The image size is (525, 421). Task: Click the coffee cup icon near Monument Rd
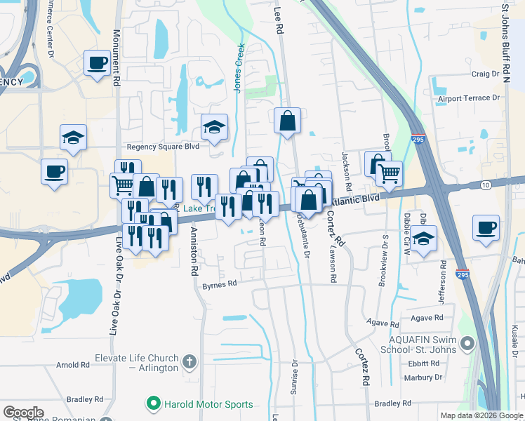click(97, 63)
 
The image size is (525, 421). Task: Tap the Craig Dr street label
click(485, 73)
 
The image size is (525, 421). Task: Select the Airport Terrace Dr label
click(469, 98)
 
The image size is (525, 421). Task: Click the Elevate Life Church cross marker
click(188, 362)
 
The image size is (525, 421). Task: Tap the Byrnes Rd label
click(220, 286)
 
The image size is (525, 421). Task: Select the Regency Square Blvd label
click(163, 147)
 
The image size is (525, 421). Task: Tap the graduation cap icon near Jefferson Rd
click(423, 239)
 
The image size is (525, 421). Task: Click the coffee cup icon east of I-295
click(486, 228)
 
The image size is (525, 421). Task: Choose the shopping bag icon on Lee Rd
click(287, 121)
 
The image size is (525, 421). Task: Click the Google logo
click(23, 413)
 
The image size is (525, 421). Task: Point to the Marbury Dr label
click(425, 377)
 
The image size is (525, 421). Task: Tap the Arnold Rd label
click(73, 365)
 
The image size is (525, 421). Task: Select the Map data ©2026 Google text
click(481, 415)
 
